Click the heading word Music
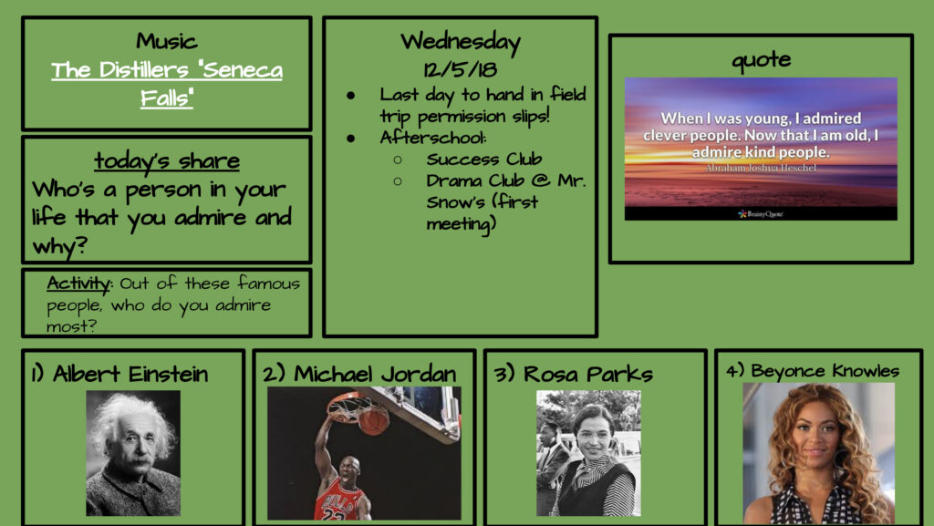[166, 41]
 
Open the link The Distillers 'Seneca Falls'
[167, 83]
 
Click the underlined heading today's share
[167, 160]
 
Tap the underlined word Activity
[78, 284]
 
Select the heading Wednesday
[461, 42]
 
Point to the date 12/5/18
[461, 69]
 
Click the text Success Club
[483, 159]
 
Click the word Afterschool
[432, 138]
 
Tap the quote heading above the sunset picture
[762, 59]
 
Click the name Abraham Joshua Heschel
[761, 169]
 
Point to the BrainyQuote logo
[760, 213]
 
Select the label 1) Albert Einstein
[119, 375]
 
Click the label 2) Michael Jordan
[359, 375]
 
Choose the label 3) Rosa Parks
[573, 375]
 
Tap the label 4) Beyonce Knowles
[813, 371]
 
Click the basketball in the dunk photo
[373, 421]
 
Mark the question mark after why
[81, 244]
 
